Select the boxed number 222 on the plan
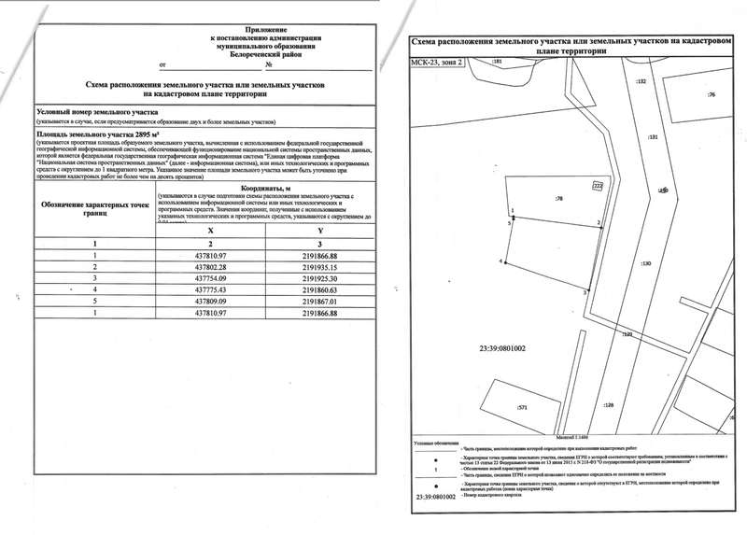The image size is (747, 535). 599,187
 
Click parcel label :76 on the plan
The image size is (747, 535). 712,95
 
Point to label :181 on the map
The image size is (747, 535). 497,62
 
